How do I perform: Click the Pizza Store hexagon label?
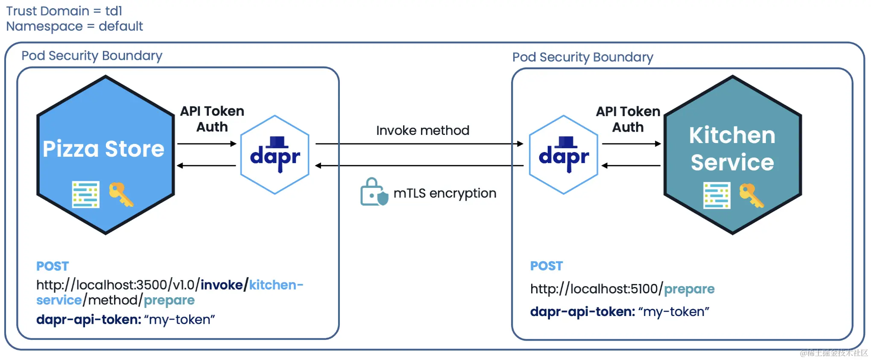point(103,149)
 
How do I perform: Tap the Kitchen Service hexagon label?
point(732,149)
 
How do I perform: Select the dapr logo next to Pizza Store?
point(275,155)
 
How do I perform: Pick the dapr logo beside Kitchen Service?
point(564,155)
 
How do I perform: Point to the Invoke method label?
point(423,130)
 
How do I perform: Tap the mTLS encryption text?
point(445,193)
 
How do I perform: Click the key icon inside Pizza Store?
point(121,194)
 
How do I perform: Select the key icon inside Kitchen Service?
point(751,196)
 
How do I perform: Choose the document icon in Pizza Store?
point(86,195)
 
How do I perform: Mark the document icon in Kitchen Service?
point(716,196)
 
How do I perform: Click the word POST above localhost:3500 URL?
point(53,266)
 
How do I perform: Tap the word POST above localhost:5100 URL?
point(547,266)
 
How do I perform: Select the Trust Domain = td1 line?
point(64,11)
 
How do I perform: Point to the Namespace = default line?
point(74,26)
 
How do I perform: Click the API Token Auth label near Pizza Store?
point(212,119)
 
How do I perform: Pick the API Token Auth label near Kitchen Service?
point(628,119)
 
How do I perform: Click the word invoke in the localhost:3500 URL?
point(222,285)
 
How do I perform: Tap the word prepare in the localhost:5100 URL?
point(689,289)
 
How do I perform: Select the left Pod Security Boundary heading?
point(92,56)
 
